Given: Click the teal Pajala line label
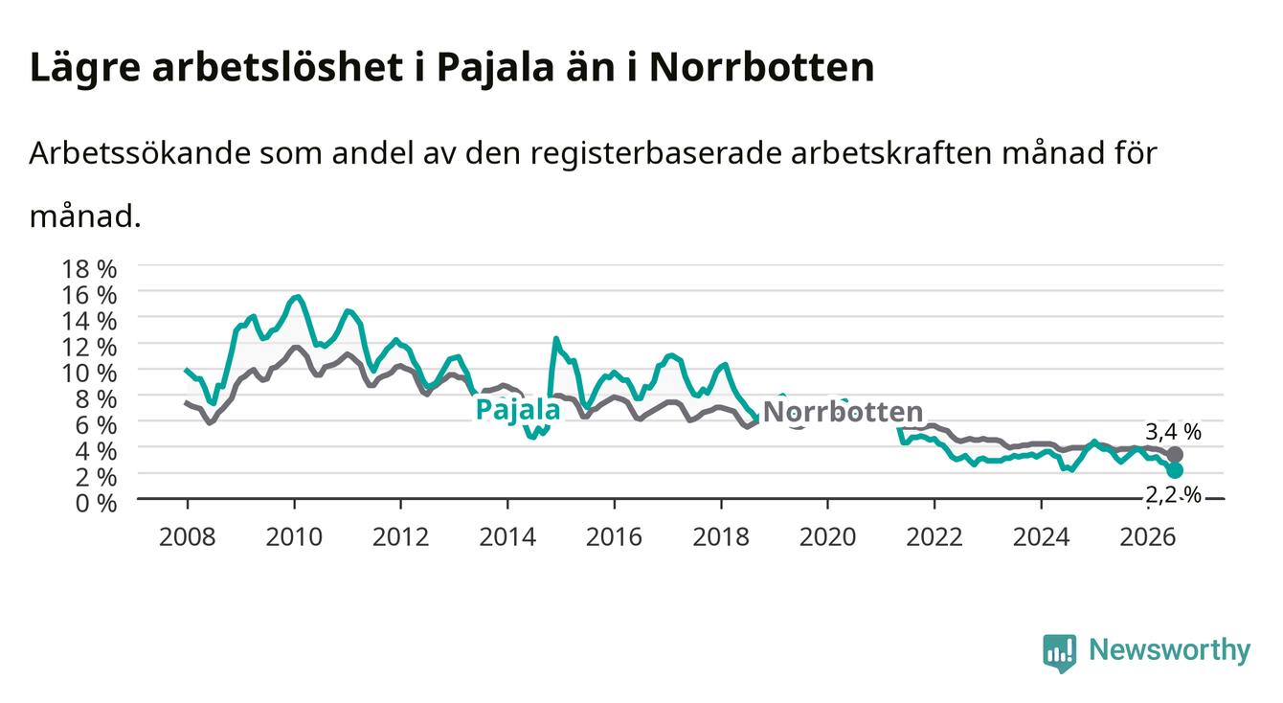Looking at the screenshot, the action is [x=518, y=410].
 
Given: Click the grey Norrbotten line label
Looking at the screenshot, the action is [x=844, y=412].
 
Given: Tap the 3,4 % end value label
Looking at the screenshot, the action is [x=1173, y=432].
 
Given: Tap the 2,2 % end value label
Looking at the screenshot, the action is [x=1173, y=494].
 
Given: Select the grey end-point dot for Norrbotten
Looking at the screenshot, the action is [x=1175, y=455].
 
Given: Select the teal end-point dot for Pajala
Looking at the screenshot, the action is [x=1175, y=470].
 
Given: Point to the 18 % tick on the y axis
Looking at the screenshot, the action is [x=89, y=269].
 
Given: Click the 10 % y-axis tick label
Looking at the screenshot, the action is [x=89, y=373].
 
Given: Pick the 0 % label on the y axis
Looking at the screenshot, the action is [x=96, y=503].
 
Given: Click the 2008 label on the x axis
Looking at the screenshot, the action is [x=188, y=537].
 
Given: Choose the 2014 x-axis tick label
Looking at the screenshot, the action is [x=507, y=537].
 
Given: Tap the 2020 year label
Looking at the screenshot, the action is [x=827, y=537].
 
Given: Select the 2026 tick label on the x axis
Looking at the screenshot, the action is [x=1148, y=537].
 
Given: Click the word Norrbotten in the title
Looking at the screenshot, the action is [x=762, y=68].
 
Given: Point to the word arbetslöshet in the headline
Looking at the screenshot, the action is [x=278, y=68].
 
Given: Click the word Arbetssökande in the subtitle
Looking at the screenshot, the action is [x=140, y=153].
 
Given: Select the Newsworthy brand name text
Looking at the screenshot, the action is [x=1170, y=650].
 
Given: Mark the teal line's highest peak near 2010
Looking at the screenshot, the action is [x=297, y=296].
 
